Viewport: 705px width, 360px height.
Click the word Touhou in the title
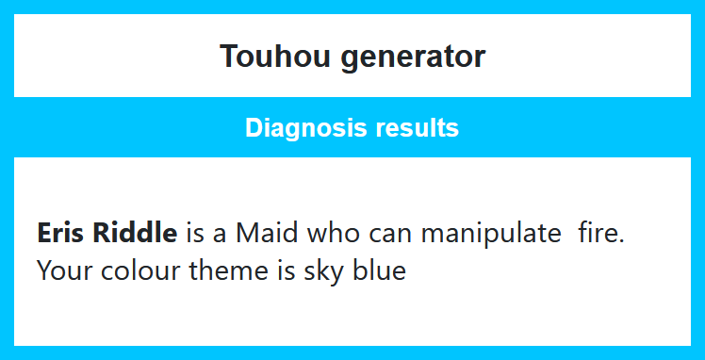pyautogui.click(x=274, y=57)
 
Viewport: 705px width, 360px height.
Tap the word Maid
pyautogui.click(x=267, y=233)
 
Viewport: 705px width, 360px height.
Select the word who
pyautogui.click(x=334, y=233)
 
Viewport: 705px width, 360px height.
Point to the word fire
pyautogui.click(x=598, y=233)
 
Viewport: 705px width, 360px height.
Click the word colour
pyautogui.click(x=140, y=270)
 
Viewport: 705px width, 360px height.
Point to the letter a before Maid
pyautogui.click(x=220, y=236)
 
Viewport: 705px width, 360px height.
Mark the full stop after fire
pyautogui.click(x=621, y=240)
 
